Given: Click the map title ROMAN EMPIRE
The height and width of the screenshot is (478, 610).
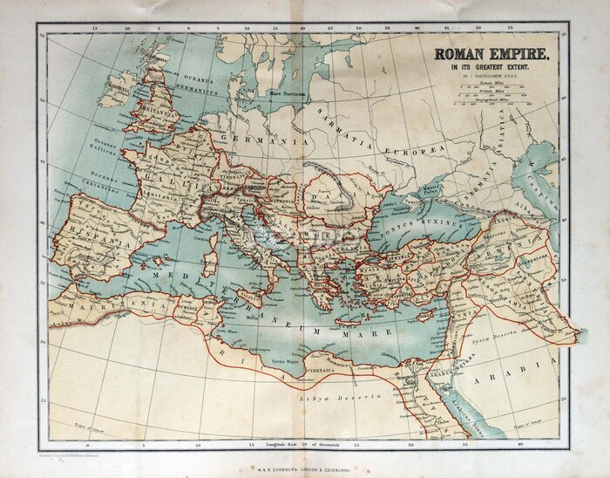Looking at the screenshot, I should [x=491, y=54].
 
